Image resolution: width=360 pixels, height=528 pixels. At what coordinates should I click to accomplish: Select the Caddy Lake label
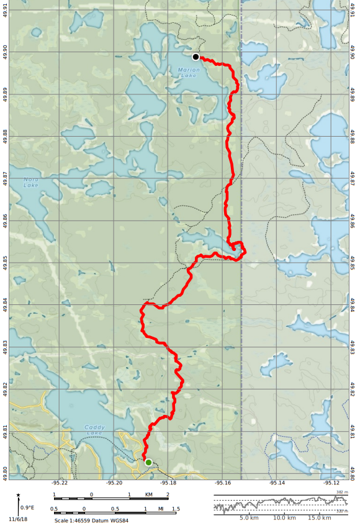[95, 429]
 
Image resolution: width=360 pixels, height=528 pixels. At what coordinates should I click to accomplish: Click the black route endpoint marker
[196, 57]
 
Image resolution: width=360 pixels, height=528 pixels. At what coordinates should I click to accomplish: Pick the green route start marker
[148, 462]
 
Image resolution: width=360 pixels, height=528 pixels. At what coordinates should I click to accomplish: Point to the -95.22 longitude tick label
[60, 482]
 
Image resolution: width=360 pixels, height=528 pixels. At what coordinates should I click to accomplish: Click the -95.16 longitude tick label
[223, 482]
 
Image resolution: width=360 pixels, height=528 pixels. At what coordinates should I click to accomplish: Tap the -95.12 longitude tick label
[331, 482]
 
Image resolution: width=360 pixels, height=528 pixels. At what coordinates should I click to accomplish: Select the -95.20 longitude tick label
[114, 482]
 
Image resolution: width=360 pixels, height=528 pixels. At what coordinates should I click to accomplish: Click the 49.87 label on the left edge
[5, 178]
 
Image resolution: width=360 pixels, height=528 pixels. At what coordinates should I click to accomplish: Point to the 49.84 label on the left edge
[5, 304]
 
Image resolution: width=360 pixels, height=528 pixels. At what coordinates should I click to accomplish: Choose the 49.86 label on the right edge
[353, 221]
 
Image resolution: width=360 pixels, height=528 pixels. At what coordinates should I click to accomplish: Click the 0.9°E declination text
[27, 508]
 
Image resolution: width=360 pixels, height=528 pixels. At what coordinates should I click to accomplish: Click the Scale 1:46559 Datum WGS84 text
[91, 521]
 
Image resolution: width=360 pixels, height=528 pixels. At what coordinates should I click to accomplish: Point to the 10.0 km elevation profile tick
[284, 517]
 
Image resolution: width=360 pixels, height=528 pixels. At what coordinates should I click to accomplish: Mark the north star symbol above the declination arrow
[19, 495]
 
